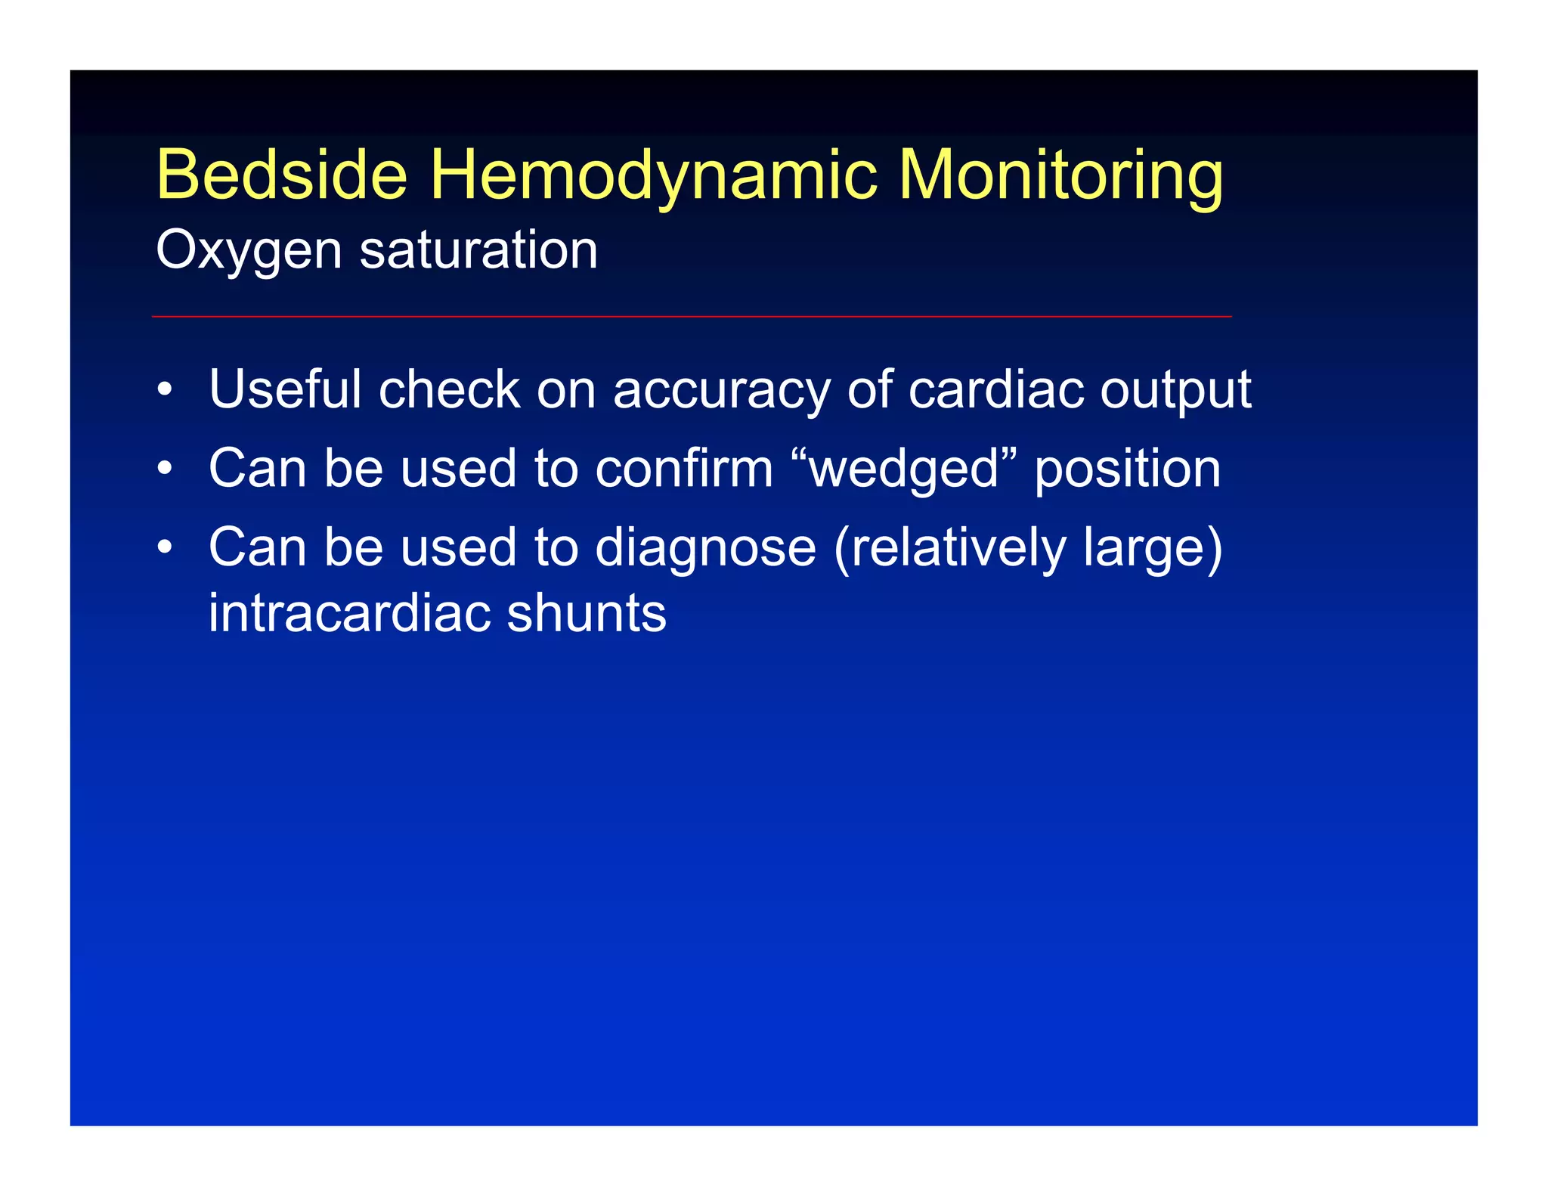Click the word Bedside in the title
tap(281, 175)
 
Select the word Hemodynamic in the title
tap(653, 175)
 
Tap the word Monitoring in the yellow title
tap(1060, 175)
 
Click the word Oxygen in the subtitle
tap(248, 251)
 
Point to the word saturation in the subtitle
tap(478, 251)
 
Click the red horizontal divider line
tap(692, 316)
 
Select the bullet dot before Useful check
tap(165, 391)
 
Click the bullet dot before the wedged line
tap(165, 469)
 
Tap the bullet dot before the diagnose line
tap(165, 548)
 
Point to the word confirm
tap(684, 468)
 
